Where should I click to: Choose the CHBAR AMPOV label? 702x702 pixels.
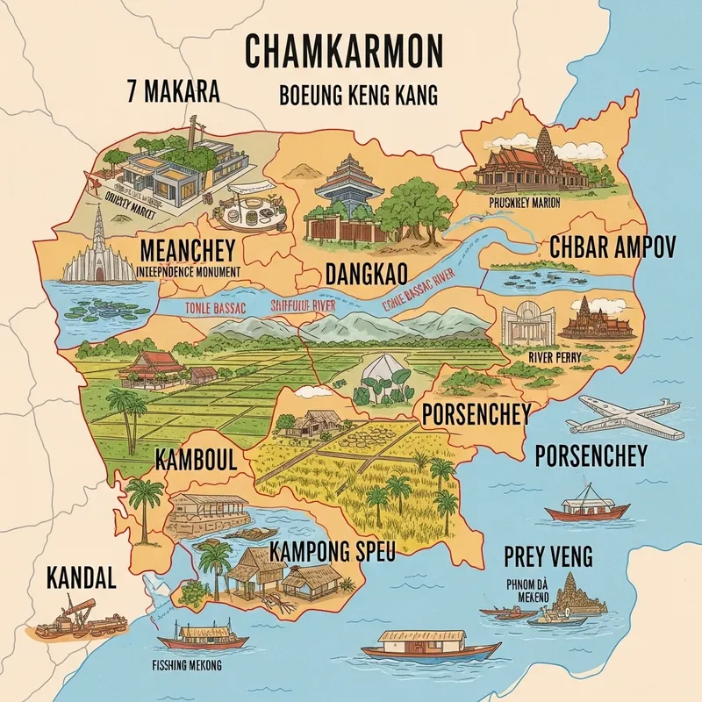pos(612,247)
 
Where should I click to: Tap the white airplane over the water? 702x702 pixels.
pos(622,420)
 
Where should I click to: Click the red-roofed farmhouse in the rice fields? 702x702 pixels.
pos(158,369)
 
